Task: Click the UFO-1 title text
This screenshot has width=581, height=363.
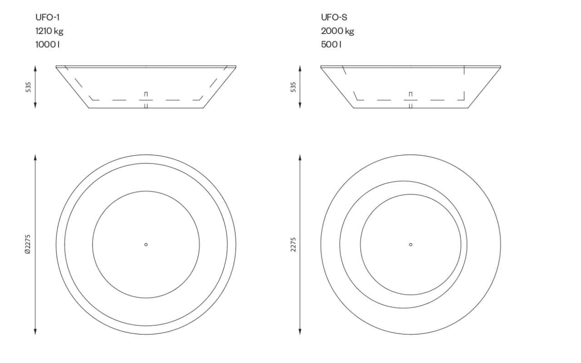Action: pos(48,17)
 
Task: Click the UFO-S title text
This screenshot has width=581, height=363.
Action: pos(334,17)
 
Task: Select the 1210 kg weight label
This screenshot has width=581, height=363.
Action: pos(49,31)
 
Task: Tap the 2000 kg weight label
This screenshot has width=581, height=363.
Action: pos(337,31)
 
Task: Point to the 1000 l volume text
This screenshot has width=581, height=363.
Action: pos(48,44)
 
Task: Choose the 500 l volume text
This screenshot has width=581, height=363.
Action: pos(331,44)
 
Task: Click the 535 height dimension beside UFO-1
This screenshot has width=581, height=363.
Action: pos(28,87)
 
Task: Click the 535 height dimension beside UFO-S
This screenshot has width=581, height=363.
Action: pos(293,87)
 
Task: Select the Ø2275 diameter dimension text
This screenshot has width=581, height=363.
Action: pos(28,245)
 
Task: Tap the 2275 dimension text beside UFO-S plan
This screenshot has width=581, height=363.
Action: pos(293,245)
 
